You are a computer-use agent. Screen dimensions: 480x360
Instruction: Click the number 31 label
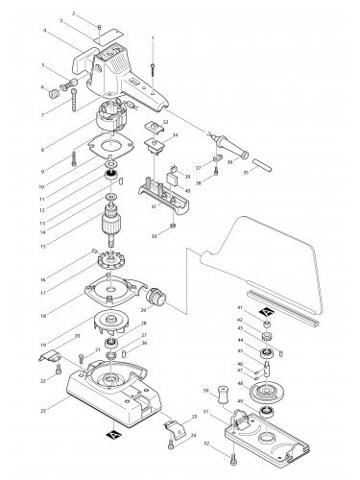point(153,205)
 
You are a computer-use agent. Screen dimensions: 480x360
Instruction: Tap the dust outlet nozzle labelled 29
point(152,299)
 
